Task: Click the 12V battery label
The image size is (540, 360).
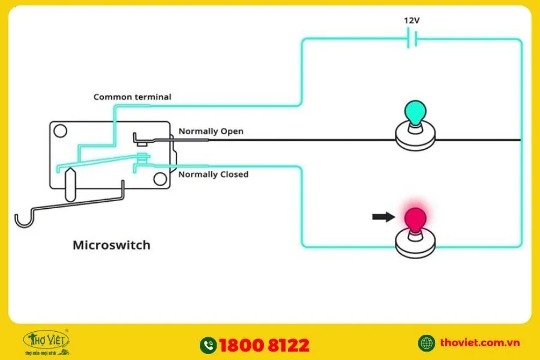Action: (x=411, y=20)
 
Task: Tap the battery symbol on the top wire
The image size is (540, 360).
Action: (x=412, y=40)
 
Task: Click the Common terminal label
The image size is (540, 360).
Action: (x=132, y=97)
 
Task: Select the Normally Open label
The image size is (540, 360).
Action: (x=211, y=131)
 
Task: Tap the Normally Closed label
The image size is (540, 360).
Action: (x=213, y=174)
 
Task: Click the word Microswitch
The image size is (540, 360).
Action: (x=111, y=245)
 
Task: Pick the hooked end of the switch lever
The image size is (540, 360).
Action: (x=23, y=219)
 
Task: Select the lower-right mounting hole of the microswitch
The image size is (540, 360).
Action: (x=159, y=179)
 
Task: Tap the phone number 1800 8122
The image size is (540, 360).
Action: (x=264, y=345)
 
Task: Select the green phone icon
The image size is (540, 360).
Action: (x=208, y=345)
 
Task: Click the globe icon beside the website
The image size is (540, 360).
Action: (x=427, y=343)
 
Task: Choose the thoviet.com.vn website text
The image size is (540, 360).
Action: (x=479, y=343)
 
